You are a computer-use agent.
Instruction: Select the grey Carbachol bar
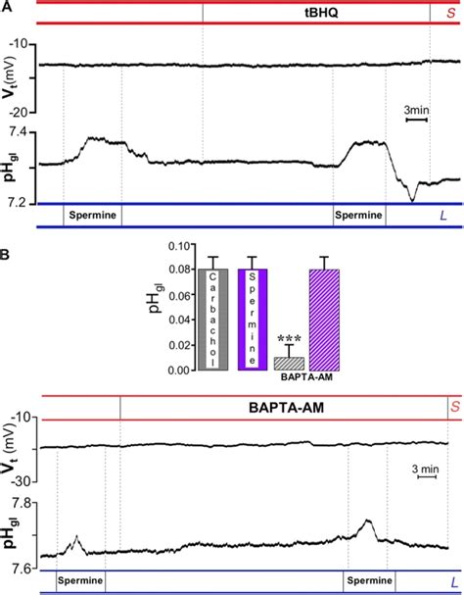pyautogui.click(x=213, y=320)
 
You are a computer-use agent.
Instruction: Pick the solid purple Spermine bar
pyautogui.click(x=254, y=320)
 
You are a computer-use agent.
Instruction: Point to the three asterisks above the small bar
pyautogui.click(x=290, y=339)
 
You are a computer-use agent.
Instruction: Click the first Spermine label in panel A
pyautogui.click(x=93, y=214)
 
